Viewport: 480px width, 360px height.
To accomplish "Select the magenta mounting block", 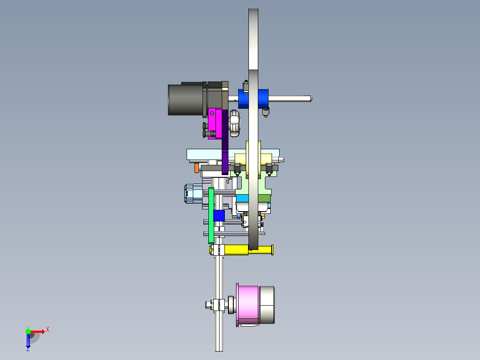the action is (x=215, y=123).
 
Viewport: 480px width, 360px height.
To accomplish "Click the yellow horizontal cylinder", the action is (x=248, y=250).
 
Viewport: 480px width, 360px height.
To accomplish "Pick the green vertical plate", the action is (x=211, y=216).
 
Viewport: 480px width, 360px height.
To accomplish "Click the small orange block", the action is (x=196, y=168).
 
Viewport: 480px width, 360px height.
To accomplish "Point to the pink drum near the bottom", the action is (x=248, y=304).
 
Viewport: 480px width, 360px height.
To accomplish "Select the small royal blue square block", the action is (x=219, y=216).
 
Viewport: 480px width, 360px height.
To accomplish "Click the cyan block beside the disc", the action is (x=242, y=198).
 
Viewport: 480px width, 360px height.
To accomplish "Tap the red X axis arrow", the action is (x=37, y=332).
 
